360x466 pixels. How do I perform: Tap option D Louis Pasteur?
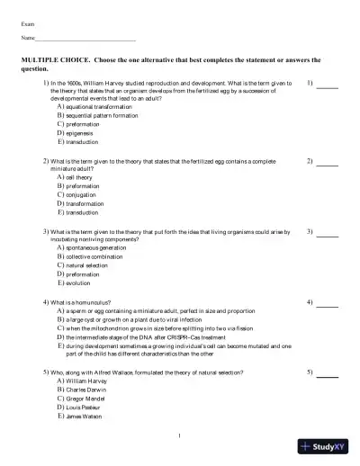84,408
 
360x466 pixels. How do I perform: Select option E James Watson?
84,417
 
